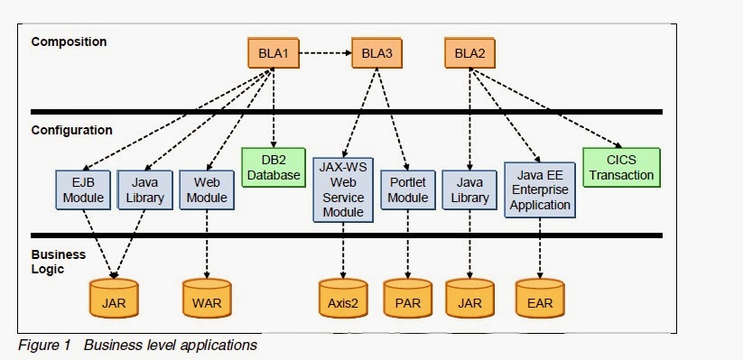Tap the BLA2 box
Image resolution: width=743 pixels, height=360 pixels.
(x=469, y=53)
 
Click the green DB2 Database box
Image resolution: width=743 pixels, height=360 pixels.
(x=274, y=167)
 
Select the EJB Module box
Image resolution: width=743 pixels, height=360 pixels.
(x=83, y=189)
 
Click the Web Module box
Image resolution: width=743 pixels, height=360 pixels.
(x=207, y=189)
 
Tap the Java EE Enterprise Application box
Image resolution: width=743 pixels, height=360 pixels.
(x=539, y=189)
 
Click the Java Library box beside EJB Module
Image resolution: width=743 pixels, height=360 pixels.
(x=144, y=189)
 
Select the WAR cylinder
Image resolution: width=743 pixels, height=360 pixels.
(x=208, y=299)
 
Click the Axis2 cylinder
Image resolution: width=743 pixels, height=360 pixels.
(x=344, y=300)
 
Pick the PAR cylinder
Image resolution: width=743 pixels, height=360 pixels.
(x=407, y=300)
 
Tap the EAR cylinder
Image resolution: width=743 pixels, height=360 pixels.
(x=539, y=300)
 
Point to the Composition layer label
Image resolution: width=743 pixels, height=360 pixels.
(x=69, y=42)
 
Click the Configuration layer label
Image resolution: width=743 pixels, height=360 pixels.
(x=72, y=130)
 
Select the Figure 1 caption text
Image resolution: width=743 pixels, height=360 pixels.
(x=137, y=345)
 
